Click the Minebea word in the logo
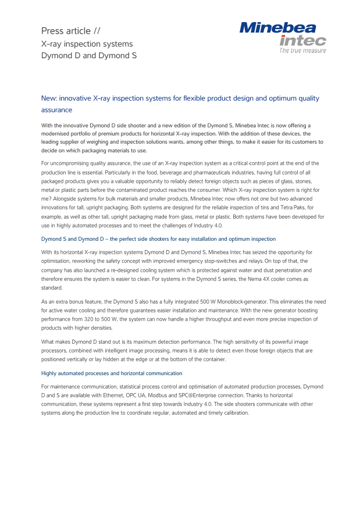point(278,27)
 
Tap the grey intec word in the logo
point(302,41)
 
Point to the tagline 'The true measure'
point(302,51)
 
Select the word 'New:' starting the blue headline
point(49,99)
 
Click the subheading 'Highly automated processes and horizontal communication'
point(112,373)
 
